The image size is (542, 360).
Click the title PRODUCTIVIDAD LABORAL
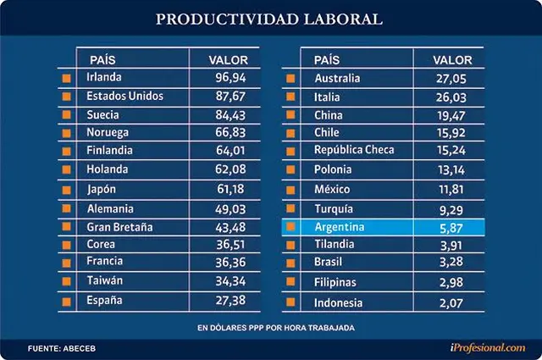[269, 19]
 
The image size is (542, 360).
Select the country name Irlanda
[104, 77]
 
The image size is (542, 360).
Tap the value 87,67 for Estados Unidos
[230, 96]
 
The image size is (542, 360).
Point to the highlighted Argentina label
[340, 227]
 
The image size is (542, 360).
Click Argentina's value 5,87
[451, 228]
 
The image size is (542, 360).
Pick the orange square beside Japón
[66, 190]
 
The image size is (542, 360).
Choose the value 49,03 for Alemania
[230, 209]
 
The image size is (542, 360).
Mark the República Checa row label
[354, 150]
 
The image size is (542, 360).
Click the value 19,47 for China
[451, 115]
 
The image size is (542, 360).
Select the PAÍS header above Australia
[327, 60]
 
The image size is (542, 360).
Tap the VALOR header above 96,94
[228, 60]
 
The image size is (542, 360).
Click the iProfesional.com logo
[488, 347]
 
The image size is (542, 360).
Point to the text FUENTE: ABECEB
[62, 349]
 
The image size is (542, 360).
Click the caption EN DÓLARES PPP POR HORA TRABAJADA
[276, 328]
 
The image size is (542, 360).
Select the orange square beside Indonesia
[290, 302]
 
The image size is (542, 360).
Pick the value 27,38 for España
[230, 301]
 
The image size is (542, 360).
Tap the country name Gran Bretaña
[119, 227]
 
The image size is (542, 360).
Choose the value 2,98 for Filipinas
[451, 283]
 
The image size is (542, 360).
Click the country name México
[332, 189]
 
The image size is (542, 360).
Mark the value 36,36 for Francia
[230, 263]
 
